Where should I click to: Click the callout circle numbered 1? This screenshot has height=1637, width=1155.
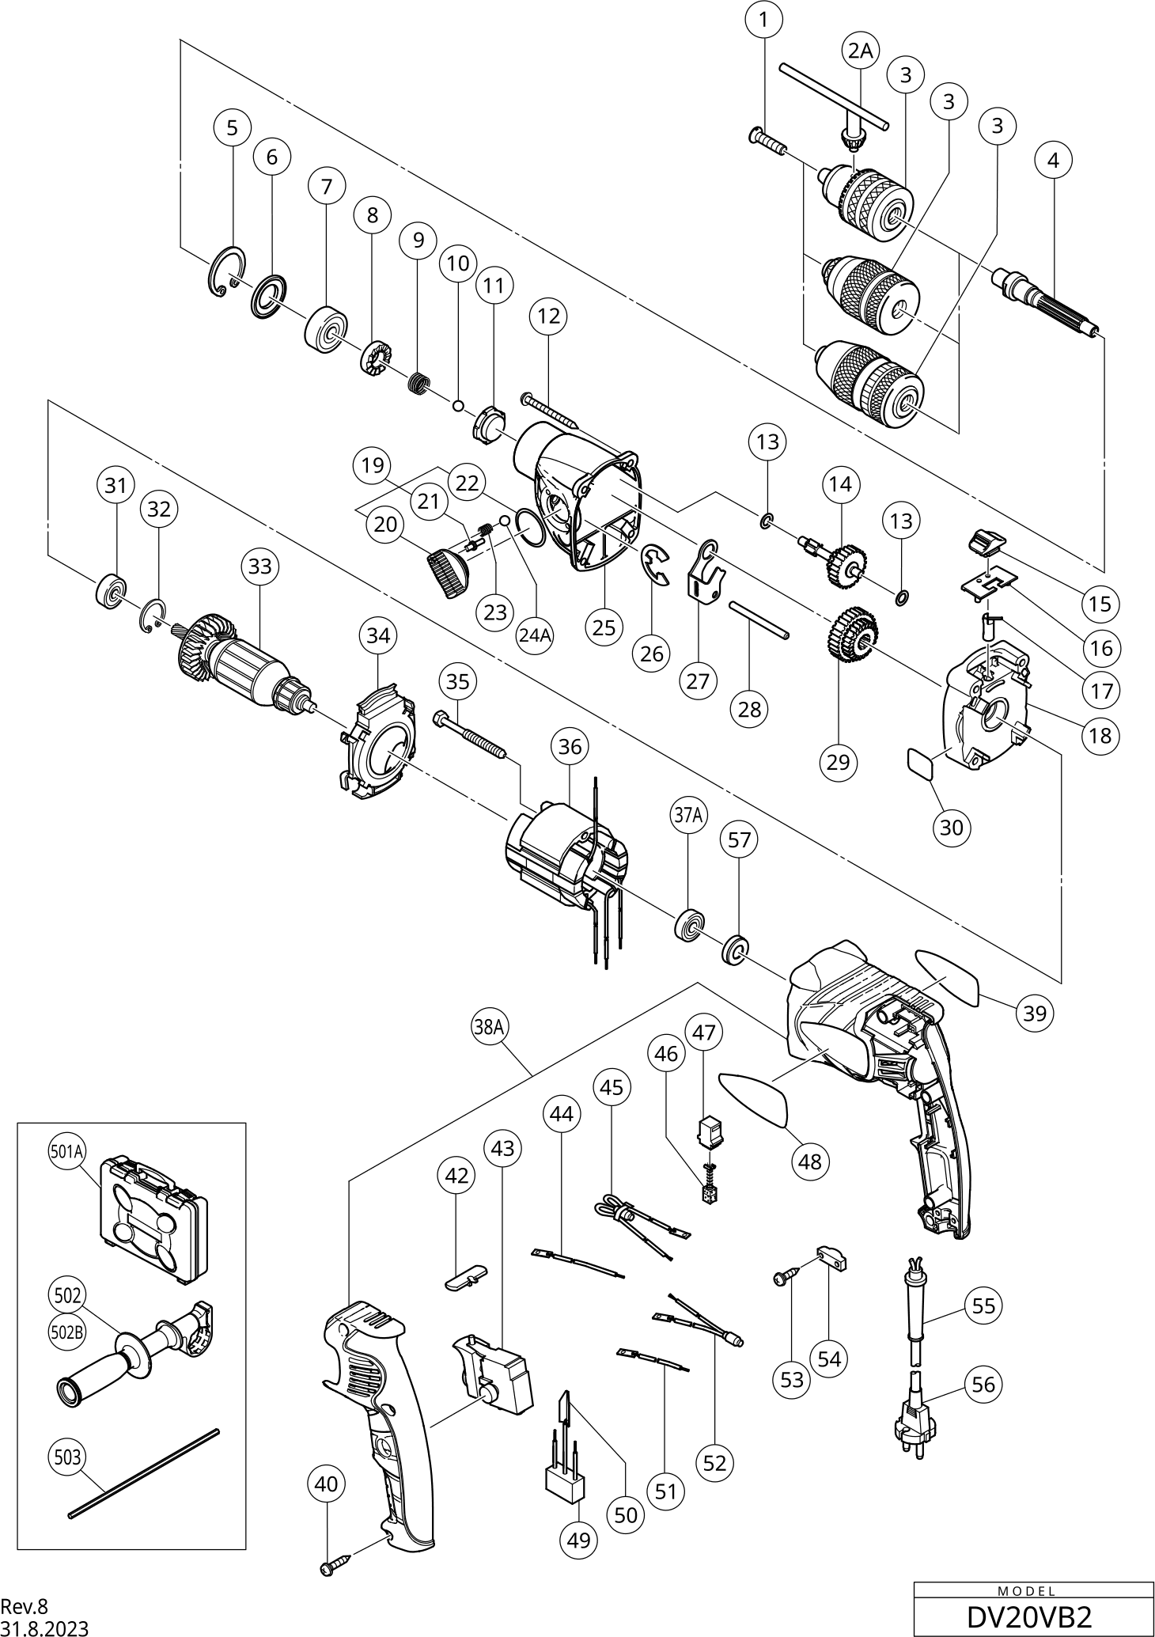tap(763, 20)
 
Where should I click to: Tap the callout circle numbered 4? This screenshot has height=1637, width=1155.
tap(1053, 160)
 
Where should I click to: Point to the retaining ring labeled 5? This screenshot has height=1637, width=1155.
tap(228, 273)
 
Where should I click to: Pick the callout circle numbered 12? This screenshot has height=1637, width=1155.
tap(548, 316)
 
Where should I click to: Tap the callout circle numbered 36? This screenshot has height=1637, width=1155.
tap(570, 746)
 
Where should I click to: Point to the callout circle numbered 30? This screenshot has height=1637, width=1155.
tap(951, 827)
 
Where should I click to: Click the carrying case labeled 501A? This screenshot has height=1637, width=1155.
tap(154, 1222)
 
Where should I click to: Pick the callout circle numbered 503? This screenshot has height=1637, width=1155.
tap(67, 1457)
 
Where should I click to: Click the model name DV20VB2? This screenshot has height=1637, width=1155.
tap(1029, 1617)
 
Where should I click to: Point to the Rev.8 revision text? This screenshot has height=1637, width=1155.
tap(24, 1606)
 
